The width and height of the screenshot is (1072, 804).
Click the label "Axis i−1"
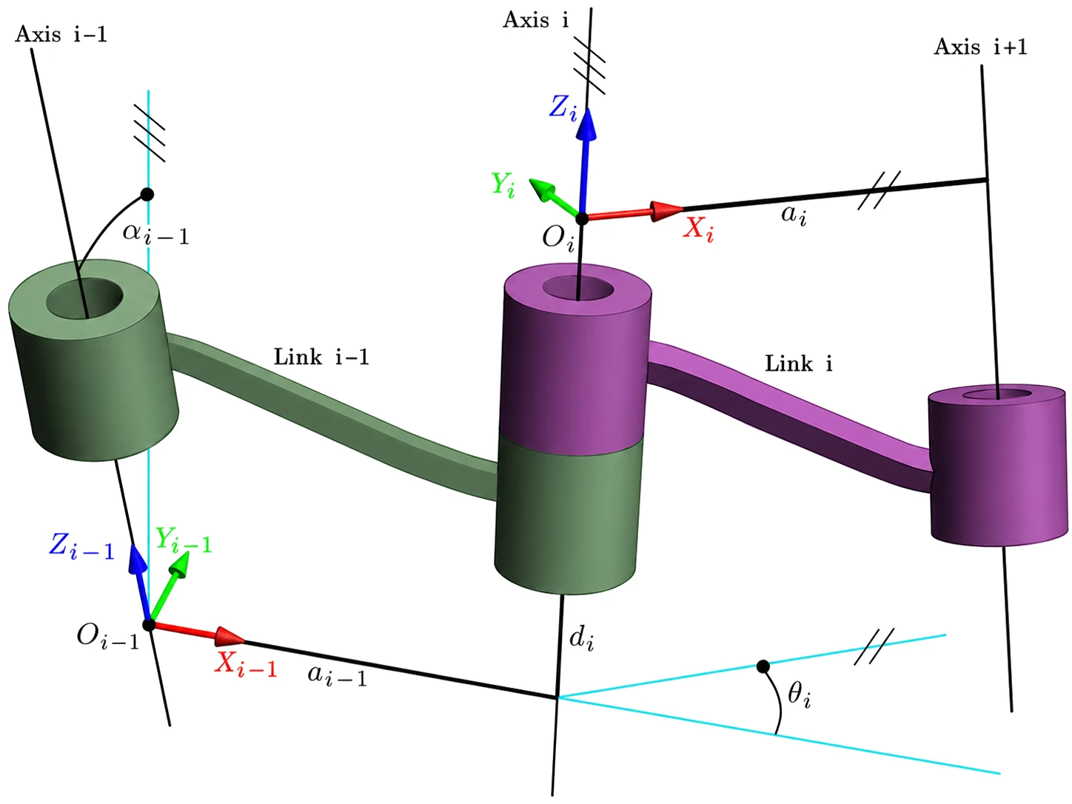coord(61,34)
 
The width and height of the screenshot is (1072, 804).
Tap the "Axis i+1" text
coord(980,47)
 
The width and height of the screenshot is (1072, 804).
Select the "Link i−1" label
coord(321,357)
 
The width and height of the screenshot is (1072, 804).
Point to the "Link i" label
coord(798,364)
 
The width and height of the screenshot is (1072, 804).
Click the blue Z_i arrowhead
coord(586,124)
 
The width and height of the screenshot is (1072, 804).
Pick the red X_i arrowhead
coord(666,211)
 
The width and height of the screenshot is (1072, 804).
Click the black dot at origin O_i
coord(581,218)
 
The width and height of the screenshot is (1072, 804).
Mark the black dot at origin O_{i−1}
coord(149,625)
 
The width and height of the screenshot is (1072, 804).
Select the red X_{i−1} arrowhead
coord(230,636)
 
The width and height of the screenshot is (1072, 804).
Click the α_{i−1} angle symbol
coord(155,233)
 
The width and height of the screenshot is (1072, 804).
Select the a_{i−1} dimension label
coord(337,677)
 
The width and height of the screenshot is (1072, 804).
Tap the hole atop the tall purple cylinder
coord(577,289)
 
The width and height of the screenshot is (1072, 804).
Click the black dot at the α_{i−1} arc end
coord(147,194)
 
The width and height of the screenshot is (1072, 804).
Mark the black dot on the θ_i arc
coord(763,666)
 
